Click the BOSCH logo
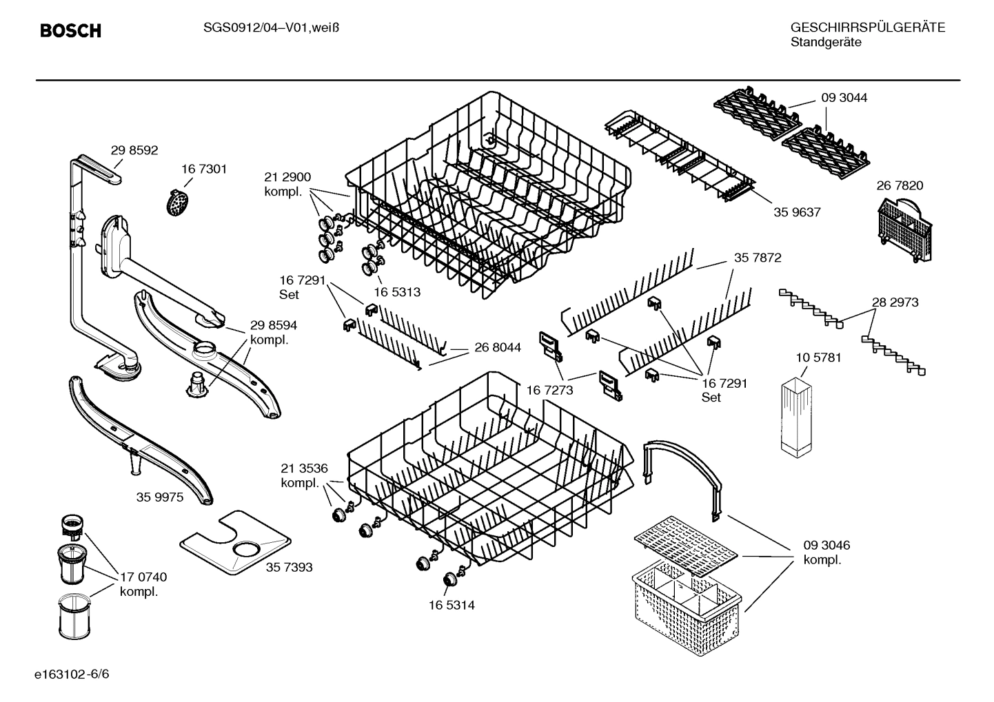pyautogui.click(x=70, y=31)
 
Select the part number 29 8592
pyautogui.click(x=134, y=150)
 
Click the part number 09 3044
pyautogui.click(x=844, y=98)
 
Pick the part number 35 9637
pyautogui.click(x=797, y=212)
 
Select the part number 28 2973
pyautogui.click(x=895, y=302)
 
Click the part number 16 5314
pyautogui.click(x=452, y=606)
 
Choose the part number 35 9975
pyautogui.click(x=160, y=497)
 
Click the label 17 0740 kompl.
pyautogui.click(x=143, y=584)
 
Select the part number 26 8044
pyautogui.click(x=498, y=347)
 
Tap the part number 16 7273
pyautogui.click(x=550, y=391)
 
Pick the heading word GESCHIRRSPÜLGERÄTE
pyautogui.click(x=868, y=28)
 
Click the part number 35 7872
pyautogui.click(x=757, y=258)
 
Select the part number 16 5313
pyautogui.click(x=397, y=292)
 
